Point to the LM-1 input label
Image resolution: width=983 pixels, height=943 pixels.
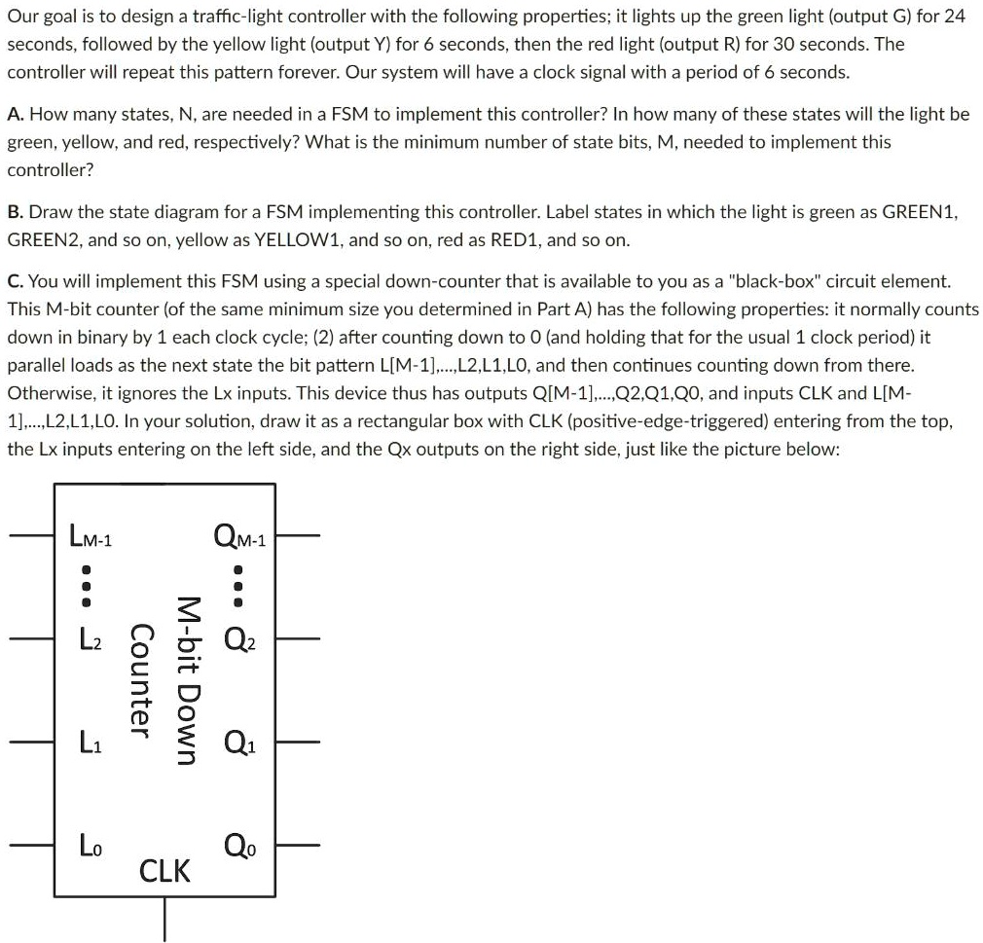91,535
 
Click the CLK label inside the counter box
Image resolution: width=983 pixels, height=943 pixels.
165,870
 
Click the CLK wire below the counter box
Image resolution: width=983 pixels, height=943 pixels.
164,920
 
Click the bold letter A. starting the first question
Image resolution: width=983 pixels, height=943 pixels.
16,114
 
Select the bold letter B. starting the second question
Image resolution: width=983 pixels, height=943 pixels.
16,211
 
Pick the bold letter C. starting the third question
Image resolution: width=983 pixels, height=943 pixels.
16,281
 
